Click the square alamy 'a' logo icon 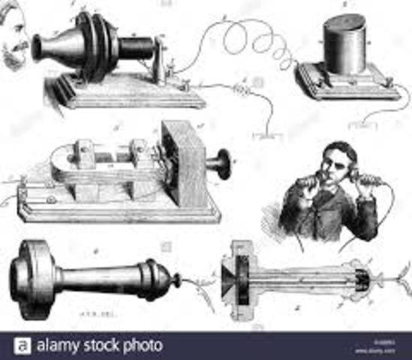point(23,346)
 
